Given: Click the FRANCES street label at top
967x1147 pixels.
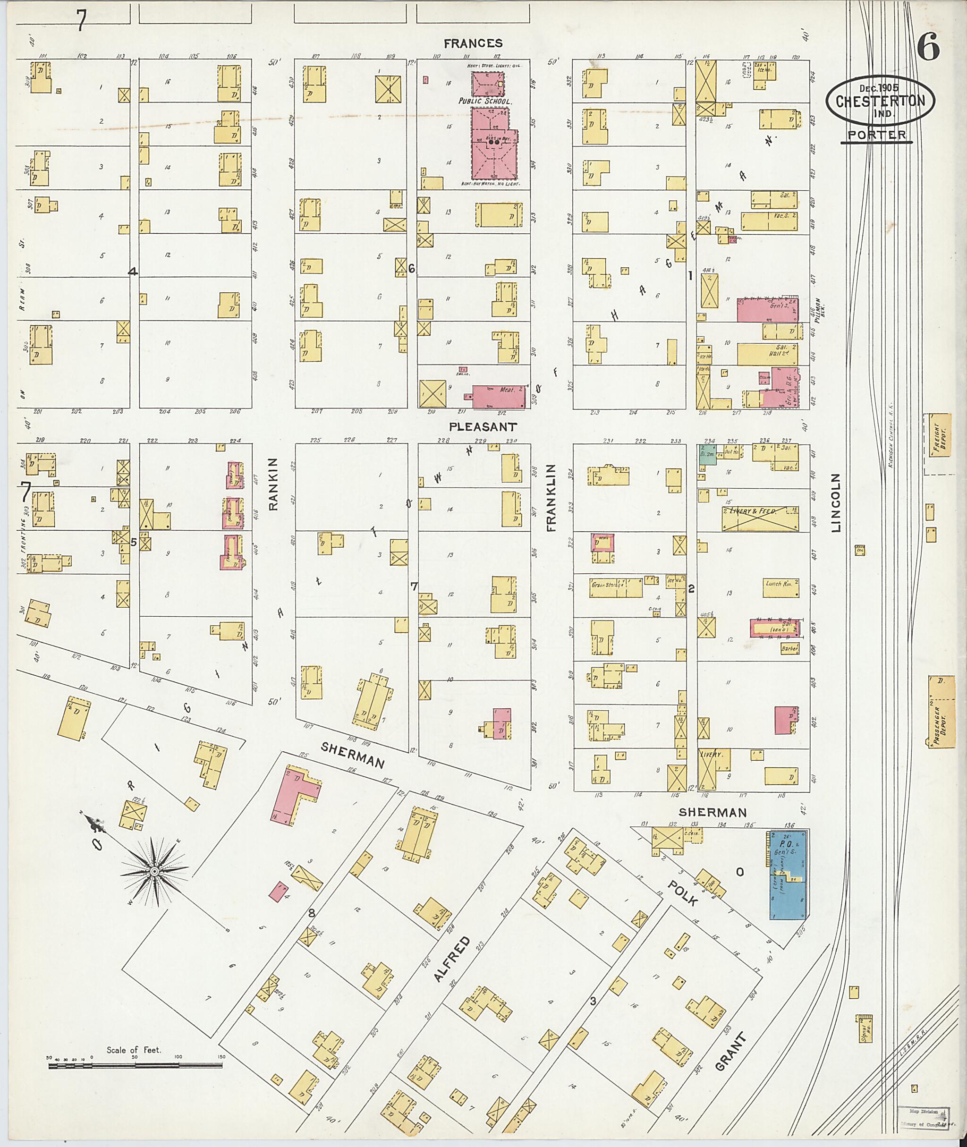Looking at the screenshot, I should click(x=473, y=43).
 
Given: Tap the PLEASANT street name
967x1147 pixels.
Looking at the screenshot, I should click(x=483, y=426).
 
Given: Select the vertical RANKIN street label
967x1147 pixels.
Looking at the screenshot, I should click(x=273, y=484).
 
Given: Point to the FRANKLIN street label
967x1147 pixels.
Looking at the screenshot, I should click(x=551, y=497).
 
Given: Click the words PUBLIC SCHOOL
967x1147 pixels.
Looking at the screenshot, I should click(x=485, y=102).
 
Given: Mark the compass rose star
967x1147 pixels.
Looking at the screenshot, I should click(x=155, y=871).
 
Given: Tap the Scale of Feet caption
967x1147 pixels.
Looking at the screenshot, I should click(x=134, y=1050).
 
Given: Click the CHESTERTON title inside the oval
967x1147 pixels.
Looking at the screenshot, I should click(x=881, y=101).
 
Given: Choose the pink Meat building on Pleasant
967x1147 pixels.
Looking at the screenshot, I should click(x=498, y=396).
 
